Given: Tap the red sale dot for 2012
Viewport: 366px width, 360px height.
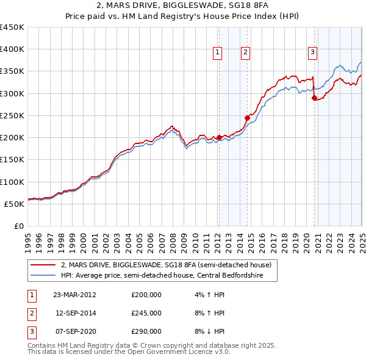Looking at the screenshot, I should coord(219,137).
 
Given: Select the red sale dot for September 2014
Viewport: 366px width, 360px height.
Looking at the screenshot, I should coord(247,118).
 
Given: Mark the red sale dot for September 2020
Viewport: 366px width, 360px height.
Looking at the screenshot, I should coord(314,98).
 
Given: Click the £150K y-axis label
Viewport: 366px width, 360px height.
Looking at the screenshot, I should coord(12,160).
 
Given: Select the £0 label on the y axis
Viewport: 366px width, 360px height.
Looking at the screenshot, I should coord(18,226).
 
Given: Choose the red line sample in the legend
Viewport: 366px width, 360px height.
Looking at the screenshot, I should coord(43,265).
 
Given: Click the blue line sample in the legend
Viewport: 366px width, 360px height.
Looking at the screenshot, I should coord(43,275).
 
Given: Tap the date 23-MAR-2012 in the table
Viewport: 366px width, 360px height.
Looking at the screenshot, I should coord(74,295).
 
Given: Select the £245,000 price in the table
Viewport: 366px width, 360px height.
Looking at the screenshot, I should coord(146,313).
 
